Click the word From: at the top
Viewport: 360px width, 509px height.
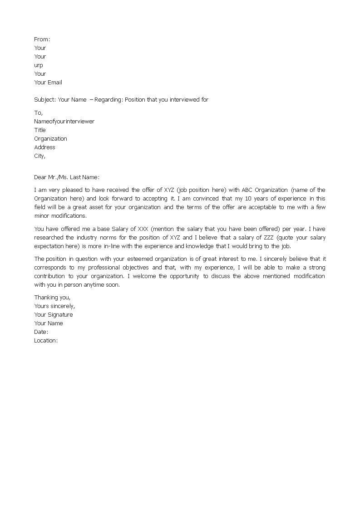42,39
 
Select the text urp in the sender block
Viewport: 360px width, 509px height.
39,65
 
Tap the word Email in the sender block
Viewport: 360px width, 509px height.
55,83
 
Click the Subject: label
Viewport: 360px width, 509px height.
45,100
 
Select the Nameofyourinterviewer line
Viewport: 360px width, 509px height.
64,122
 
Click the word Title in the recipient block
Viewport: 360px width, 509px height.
40,130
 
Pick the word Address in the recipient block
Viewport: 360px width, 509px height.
44,147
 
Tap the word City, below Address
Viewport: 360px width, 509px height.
40,156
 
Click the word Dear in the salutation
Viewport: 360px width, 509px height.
40,177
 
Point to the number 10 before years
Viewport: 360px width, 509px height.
251,199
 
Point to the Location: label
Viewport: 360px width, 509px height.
46,341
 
